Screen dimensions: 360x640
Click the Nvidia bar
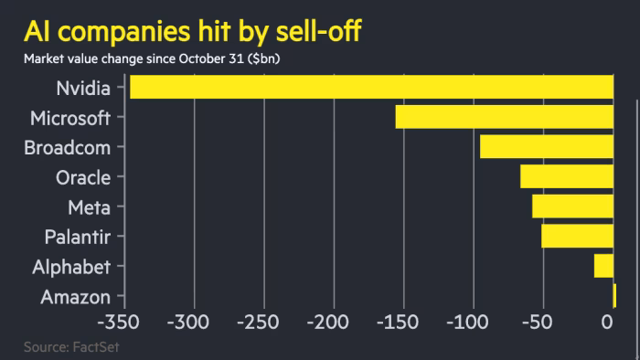coord(371,87)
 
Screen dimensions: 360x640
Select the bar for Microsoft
coord(504,117)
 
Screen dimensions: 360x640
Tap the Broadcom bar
coord(546,146)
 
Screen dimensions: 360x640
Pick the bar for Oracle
coord(566,176)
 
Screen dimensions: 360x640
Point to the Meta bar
coord(572,206)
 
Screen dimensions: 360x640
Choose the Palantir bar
coord(577,236)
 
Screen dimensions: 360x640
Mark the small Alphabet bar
coord(603,266)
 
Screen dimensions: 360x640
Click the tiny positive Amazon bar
coord(614,295)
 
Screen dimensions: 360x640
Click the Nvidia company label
coord(83,89)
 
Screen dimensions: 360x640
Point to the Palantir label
coord(77,238)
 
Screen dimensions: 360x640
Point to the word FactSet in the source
coord(95,347)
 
